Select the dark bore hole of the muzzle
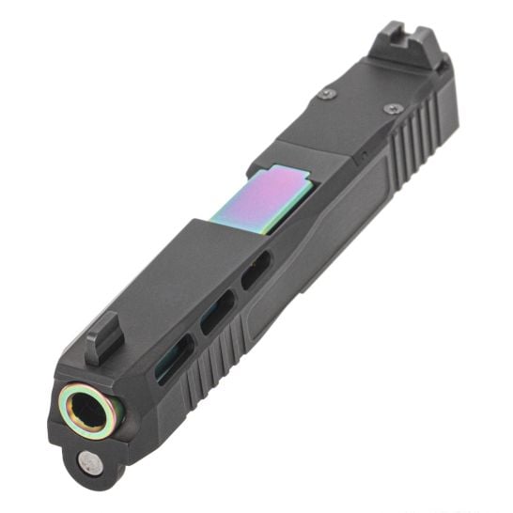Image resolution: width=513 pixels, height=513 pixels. pos(89,406)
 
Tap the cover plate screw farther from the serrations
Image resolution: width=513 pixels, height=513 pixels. pos(327,94)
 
